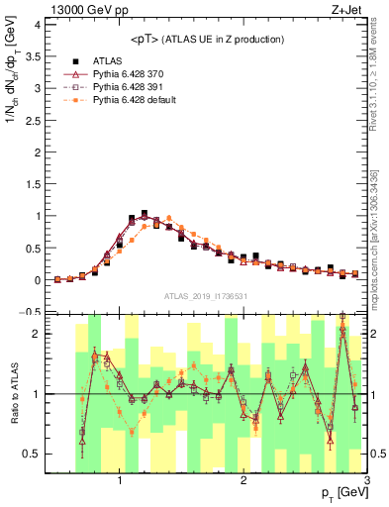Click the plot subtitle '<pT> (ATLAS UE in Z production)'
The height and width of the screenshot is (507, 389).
tap(207, 39)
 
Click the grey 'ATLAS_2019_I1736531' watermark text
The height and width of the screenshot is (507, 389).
tap(205, 295)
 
